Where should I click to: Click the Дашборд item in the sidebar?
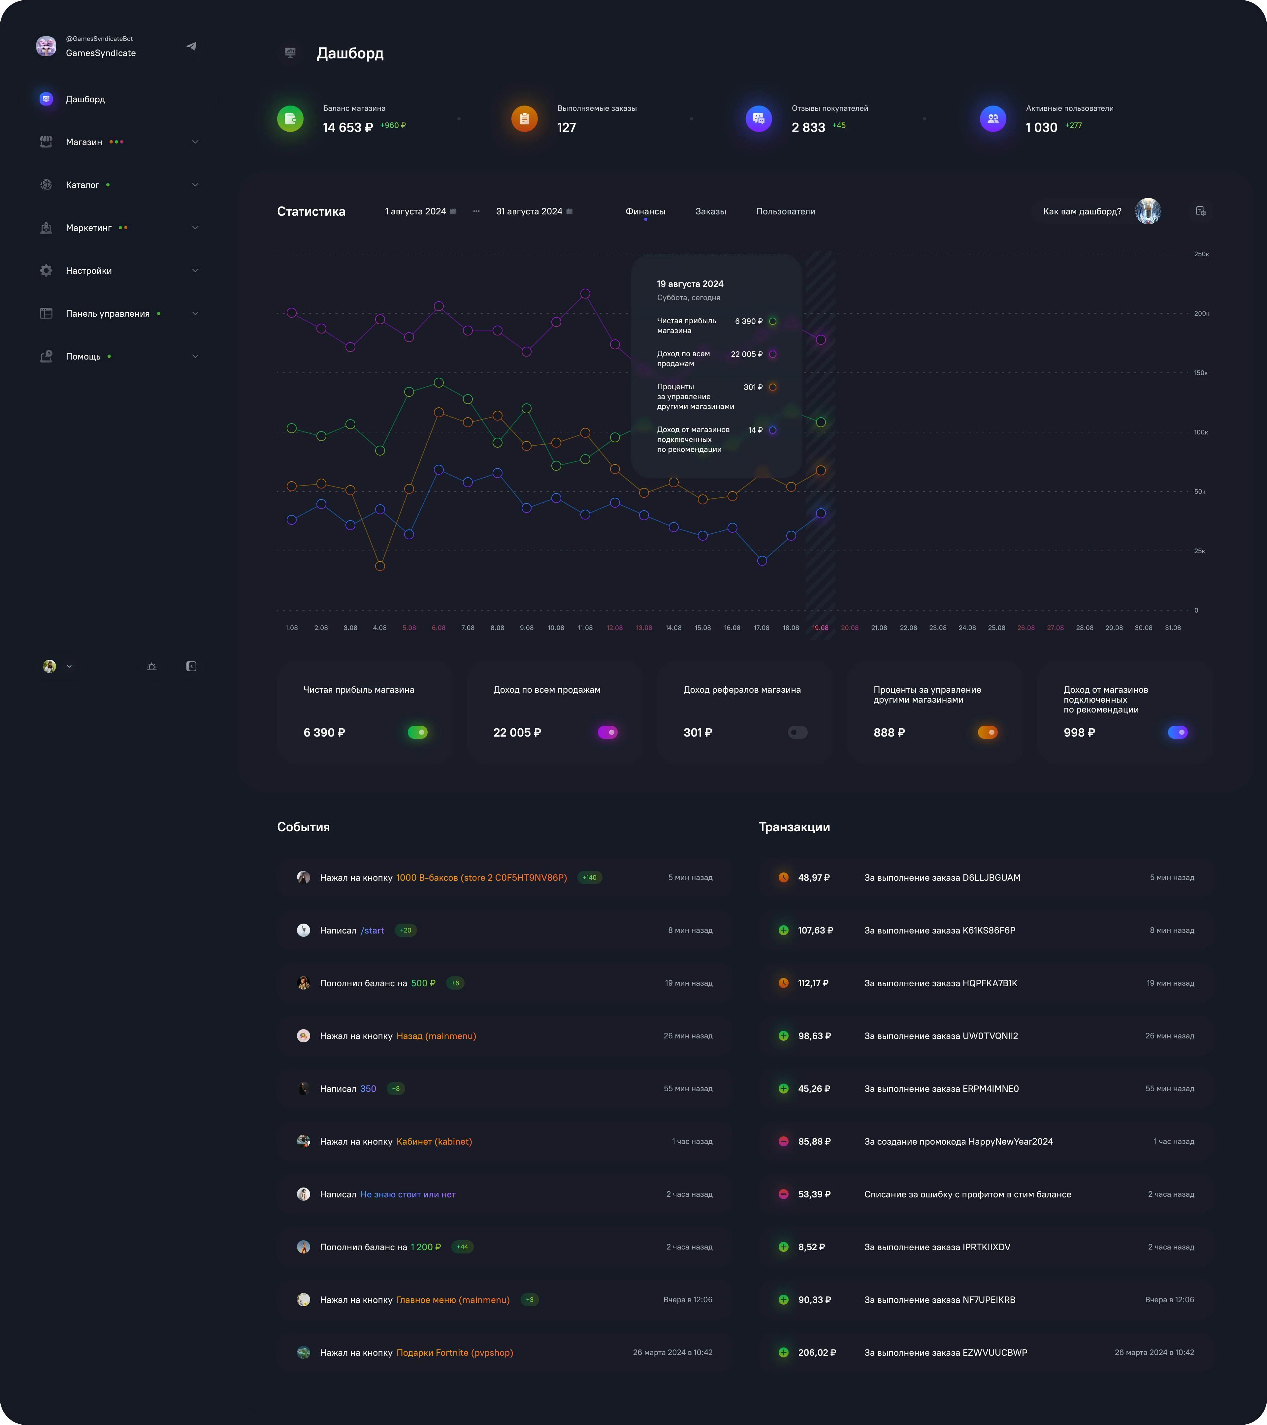tap(85, 99)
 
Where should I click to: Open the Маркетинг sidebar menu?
tap(88, 228)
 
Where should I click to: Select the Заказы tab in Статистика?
tap(711, 211)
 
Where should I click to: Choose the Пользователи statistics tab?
tap(785, 211)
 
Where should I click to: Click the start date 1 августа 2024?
tap(416, 211)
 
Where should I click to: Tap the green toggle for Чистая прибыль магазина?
tap(418, 732)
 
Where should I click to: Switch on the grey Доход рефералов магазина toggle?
tap(798, 732)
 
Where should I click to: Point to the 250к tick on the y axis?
tap(1201, 254)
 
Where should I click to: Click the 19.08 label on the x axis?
tap(820, 628)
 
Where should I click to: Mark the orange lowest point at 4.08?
tap(380, 566)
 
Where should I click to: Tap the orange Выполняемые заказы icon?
tap(524, 118)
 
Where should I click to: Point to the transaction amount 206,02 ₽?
tap(817, 1352)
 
